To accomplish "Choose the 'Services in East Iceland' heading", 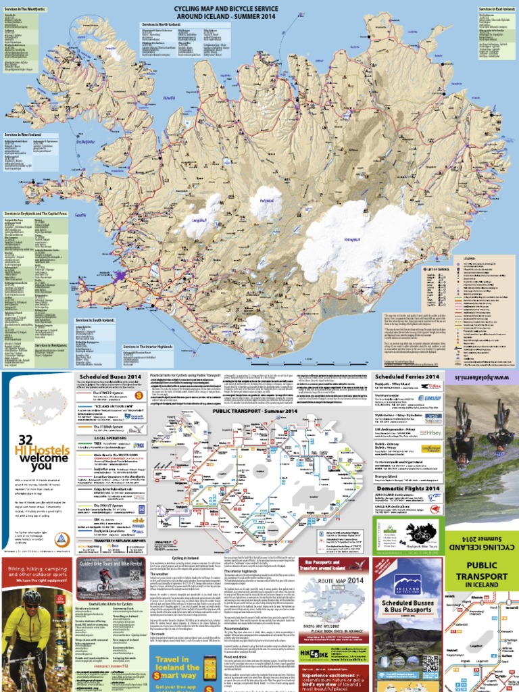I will (496, 9).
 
